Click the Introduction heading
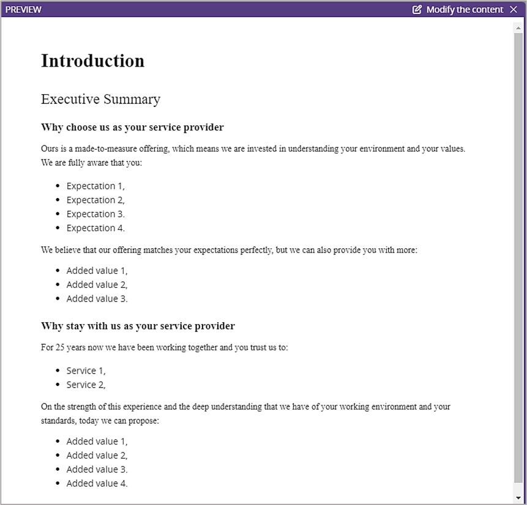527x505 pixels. pos(92,61)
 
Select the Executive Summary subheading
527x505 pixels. pos(100,99)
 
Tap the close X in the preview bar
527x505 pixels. pos(513,9)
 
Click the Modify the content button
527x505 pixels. pos(464,9)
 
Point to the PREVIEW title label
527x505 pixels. pos(23,9)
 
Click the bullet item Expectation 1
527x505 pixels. pos(95,186)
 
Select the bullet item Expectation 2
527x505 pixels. pos(95,200)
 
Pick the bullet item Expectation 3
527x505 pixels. pos(95,214)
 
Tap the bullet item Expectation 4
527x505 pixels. pos(95,228)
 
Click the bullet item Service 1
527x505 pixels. pos(86,370)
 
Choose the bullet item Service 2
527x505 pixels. pos(86,385)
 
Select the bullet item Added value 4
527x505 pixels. pos(97,483)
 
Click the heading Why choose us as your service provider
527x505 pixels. pos(132,127)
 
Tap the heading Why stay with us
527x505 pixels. pos(138,326)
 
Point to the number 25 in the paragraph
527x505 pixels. pos(60,347)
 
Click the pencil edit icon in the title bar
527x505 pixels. pos(417,9)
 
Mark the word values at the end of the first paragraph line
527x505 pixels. pos(452,149)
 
